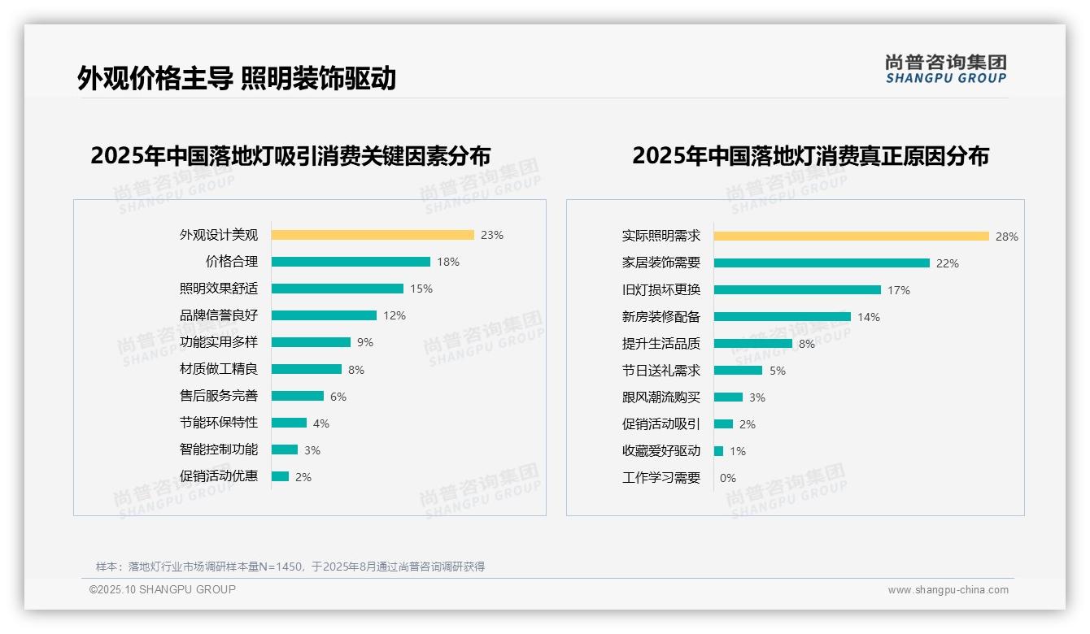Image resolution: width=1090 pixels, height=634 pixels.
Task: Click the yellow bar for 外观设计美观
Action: tap(373, 235)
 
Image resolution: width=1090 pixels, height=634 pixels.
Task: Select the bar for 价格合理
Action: tap(351, 262)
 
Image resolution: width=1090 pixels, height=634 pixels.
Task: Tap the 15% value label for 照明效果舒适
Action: tap(421, 289)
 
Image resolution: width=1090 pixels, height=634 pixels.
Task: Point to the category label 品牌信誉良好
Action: tap(219, 315)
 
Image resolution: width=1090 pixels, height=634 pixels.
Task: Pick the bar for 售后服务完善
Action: tap(298, 396)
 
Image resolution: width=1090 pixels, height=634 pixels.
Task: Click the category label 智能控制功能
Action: tap(219, 449)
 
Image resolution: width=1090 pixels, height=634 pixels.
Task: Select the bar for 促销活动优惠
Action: tap(281, 476)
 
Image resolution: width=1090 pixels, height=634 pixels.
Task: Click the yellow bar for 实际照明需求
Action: tap(851, 237)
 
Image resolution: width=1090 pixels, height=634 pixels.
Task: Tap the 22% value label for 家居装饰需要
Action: tap(948, 263)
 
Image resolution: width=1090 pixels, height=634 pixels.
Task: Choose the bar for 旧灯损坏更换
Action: tap(797, 290)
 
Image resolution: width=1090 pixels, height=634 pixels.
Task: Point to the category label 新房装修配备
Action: tap(661, 317)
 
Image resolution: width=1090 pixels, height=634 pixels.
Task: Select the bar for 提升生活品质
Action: tap(753, 344)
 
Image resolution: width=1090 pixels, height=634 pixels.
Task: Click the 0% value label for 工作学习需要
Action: tap(728, 478)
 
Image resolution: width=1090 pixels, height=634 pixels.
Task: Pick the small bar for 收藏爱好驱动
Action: tap(719, 451)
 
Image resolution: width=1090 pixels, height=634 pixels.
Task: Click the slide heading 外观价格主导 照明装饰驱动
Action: tap(237, 78)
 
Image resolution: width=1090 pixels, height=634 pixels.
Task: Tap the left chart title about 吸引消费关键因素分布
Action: tap(290, 156)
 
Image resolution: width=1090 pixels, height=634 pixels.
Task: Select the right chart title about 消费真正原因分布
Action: tap(810, 156)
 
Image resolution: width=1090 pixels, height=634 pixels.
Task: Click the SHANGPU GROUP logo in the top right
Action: tap(945, 69)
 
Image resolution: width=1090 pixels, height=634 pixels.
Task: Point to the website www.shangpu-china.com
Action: tap(948, 590)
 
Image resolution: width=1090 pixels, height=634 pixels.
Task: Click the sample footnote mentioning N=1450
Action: tap(290, 567)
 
